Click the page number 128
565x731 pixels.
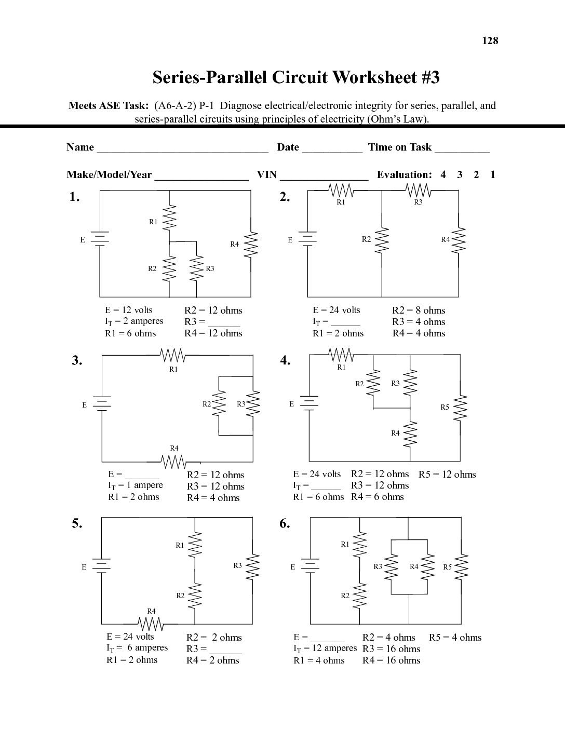[490, 40]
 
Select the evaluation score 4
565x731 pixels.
[443, 174]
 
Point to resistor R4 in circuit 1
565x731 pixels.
[251, 244]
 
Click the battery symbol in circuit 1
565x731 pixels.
[100, 239]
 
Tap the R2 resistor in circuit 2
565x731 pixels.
[382, 240]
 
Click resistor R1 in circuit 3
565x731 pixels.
[172, 356]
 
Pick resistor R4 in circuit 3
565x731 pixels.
[173, 461]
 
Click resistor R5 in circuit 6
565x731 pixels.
[461, 567]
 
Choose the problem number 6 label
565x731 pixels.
[285, 523]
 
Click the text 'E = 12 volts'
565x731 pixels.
[129, 310]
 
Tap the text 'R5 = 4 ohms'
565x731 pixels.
[455, 637]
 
